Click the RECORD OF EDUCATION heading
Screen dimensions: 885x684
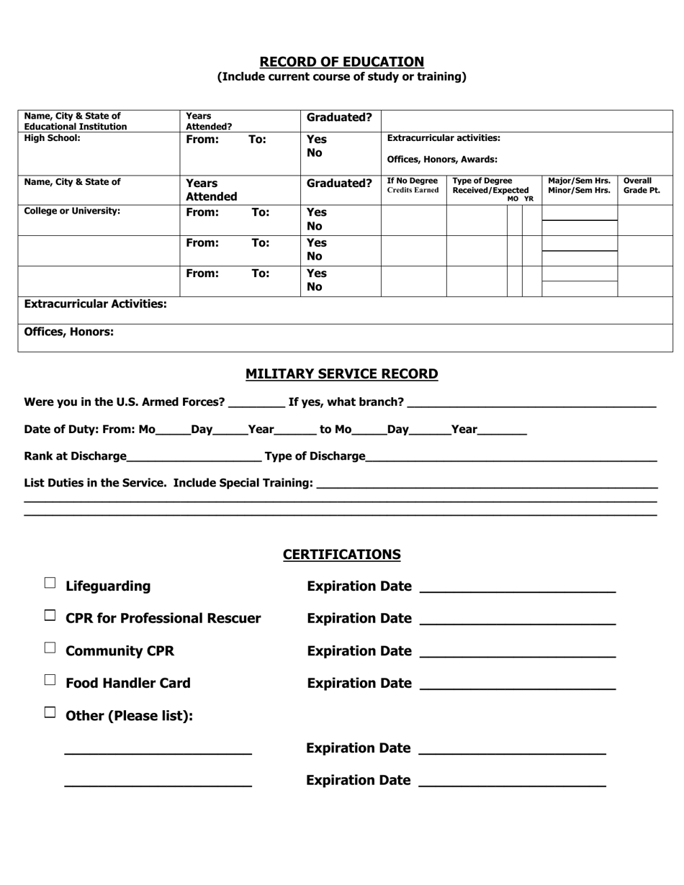(341, 62)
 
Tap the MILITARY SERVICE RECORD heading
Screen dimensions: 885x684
(341, 374)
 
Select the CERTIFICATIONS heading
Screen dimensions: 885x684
(341, 555)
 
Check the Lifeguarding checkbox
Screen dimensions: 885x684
(50, 584)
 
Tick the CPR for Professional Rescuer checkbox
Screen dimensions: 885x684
(50, 616)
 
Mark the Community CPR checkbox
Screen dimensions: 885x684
(50, 648)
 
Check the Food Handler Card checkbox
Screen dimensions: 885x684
(50, 680)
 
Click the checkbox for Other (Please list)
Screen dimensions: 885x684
(50, 713)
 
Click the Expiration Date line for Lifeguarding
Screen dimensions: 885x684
(517, 589)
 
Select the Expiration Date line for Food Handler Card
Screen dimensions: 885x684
(517, 686)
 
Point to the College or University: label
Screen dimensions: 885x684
(72, 212)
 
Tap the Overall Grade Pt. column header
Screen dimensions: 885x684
(641, 186)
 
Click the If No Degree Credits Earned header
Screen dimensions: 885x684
(413, 186)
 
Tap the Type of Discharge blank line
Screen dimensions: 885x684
(511, 457)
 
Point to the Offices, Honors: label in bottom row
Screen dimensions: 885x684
(68, 332)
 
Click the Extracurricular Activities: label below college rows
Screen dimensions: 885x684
(95, 304)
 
